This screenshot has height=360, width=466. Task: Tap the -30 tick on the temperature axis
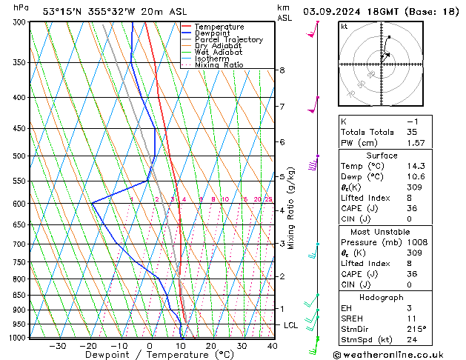coord(57,345)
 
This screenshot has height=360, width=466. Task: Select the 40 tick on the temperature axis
coord(273,345)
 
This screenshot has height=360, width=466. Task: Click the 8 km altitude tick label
coord(282,70)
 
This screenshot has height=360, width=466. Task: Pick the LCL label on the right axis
coord(291,325)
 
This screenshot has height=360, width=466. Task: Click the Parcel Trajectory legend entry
coord(229,39)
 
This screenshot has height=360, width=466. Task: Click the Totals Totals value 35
coord(412,132)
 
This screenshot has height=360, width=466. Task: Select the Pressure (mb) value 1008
coord(416,242)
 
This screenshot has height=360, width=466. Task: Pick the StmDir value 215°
coord(416,329)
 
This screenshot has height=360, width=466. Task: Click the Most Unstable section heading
coord(382,231)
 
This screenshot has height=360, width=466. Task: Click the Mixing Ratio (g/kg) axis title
coord(292,207)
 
